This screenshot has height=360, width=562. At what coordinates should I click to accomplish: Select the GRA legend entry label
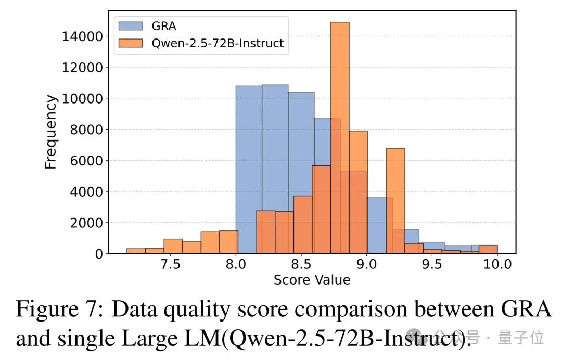pos(164,27)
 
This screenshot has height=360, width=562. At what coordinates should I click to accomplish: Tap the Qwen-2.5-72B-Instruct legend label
pos(218,43)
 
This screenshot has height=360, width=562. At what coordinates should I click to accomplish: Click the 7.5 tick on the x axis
pos(170,264)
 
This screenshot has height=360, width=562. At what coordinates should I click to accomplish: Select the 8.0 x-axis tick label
pos(236,264)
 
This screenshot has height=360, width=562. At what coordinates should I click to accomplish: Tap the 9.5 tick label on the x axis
pos(432,264)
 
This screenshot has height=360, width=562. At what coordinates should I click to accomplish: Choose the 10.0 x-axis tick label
pos(497,264)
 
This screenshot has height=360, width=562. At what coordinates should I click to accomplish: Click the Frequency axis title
pos(50,132)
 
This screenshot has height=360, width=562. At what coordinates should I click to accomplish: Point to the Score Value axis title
pos(312,280)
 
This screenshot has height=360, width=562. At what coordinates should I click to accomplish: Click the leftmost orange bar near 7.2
pos(136,251)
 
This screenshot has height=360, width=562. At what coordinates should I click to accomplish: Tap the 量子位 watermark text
pos(521,338)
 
